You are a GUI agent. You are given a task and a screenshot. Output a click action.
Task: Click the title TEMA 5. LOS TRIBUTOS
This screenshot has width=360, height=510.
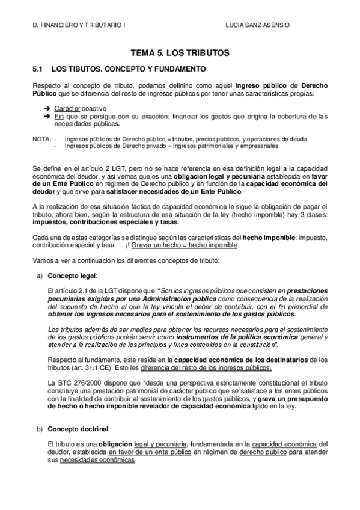180,53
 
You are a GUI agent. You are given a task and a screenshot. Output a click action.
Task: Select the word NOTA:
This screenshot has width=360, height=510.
41,139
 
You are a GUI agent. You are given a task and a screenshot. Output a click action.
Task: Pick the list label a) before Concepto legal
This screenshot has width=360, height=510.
39,276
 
